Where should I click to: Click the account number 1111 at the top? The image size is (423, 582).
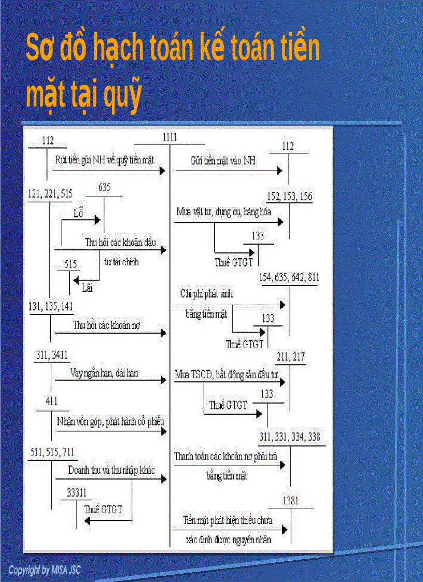pos(170,137)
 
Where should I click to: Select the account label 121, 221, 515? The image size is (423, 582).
pos(50,194)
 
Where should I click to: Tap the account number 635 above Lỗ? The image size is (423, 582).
pos(104,188)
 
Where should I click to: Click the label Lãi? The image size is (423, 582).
pos(87,288)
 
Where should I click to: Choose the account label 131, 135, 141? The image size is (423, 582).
pos(50,306)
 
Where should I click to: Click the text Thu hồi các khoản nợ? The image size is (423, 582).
pos(107,325)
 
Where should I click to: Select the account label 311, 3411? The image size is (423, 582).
pos(52,355)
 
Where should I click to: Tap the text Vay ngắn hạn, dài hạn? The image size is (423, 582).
pos(104,373)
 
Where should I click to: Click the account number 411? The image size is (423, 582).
pos(51,401)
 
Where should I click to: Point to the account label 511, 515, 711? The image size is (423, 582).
pos(52,452)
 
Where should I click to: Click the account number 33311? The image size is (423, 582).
pos(77,493)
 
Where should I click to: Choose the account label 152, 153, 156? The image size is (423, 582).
pos(290,196)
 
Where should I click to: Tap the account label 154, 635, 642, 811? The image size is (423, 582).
pos(289,278)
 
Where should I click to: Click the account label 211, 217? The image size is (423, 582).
pos(291,357)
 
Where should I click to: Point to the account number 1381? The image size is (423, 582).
pos(291,501)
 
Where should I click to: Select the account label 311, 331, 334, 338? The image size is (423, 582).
pos(290,437)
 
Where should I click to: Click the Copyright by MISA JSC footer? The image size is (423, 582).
pos(45,570)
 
